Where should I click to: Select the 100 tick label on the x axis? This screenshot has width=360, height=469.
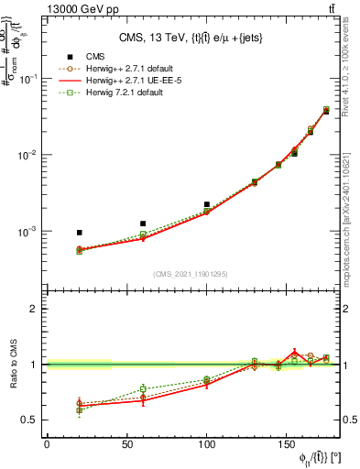tap(207, 445)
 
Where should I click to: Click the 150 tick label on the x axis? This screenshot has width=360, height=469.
tap(288, 445)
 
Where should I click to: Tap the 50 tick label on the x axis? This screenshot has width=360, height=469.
tap(126, 445)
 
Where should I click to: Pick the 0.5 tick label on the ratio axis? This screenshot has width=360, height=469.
tap(32, 420)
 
